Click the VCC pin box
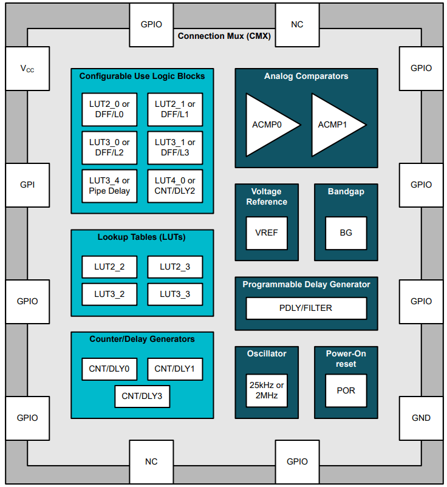click(x=27, y=69)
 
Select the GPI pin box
click(x=27, y=185)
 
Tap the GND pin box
click(x=421, y=418)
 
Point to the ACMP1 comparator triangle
click(x=334, y=124)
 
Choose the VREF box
click(x=267, y=233)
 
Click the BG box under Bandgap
click(x=346, y=233)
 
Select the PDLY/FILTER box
click(x=306, y=308)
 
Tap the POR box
click(x=346, y=390)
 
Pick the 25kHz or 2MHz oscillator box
click(x=267, y=390)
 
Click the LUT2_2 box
click(x=109, y=267)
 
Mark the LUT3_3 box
click(x=175, y=294)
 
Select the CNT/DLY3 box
click(x=142, y=396)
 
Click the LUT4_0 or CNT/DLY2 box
click(x=175, y=185)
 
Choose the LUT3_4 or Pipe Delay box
click(x=109, y=185)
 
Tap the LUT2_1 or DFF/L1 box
click(x=175, y=109)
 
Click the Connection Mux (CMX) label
click(x=223, y=36)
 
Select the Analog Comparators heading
click(x=306, y=77)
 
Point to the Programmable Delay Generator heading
click(x=306, y=284)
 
